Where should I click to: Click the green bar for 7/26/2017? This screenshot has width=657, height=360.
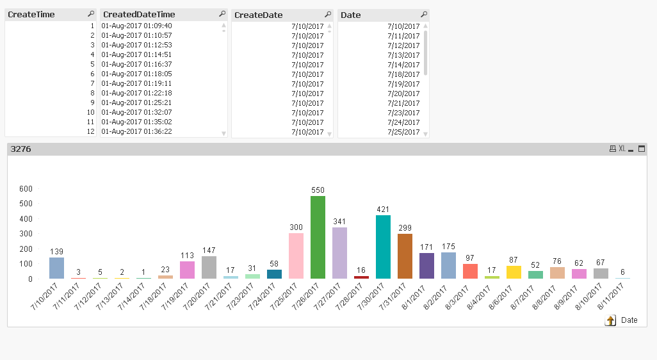pos(318,237)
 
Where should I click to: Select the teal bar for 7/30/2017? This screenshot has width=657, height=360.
pos(383,247)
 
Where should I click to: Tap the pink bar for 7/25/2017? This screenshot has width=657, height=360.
pos(296,256)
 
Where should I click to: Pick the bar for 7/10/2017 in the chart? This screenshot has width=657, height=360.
pos(56,268)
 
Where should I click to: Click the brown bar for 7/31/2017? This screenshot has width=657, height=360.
pos(405,256)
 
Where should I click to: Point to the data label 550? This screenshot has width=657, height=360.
pos(318,190)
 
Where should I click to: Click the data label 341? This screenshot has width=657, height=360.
pos(339,222)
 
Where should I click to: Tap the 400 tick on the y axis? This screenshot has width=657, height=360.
pos(26,218)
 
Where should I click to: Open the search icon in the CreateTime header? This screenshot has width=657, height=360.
pos(90,14)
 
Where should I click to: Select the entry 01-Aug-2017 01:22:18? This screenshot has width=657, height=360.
pos(136,93)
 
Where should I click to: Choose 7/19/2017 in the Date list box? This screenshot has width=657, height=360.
pos(403,84)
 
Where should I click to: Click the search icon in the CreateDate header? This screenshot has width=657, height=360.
pos(328,14)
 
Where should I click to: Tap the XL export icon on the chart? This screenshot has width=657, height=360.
pos(622,149)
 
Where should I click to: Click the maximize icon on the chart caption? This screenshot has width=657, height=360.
pos(642,149)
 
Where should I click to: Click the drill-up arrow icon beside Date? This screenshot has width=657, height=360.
pos(610,320)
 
